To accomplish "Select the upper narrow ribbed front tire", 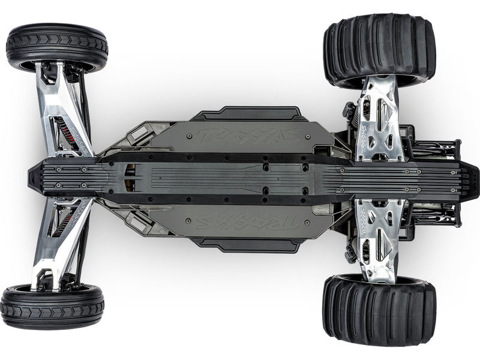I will tap(57, 46).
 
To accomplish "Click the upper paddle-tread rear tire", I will tap(379, 49).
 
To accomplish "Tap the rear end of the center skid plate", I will tap(471, 178).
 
